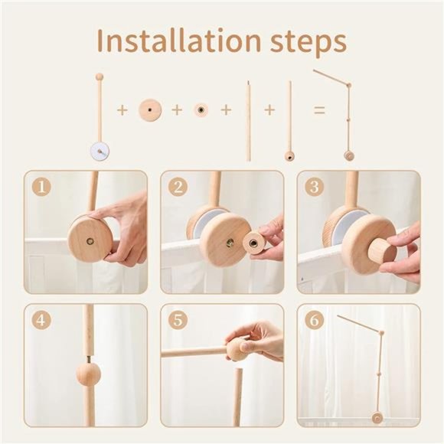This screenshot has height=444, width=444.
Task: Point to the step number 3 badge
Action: tap(312, 186)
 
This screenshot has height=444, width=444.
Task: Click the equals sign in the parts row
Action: tap(319, 110)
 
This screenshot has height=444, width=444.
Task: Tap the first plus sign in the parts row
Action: tap(122, 110)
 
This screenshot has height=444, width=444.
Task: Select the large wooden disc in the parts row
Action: tap(150, 110)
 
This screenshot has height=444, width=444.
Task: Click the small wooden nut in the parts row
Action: tap(201, 110)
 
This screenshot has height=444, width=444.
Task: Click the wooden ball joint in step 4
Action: tap(88, 374)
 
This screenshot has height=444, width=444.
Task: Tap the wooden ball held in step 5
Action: tap(238, 349)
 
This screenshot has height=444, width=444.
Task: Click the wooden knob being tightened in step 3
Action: tap(377, 251)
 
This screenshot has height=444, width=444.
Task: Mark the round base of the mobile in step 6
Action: tap(377, 417)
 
